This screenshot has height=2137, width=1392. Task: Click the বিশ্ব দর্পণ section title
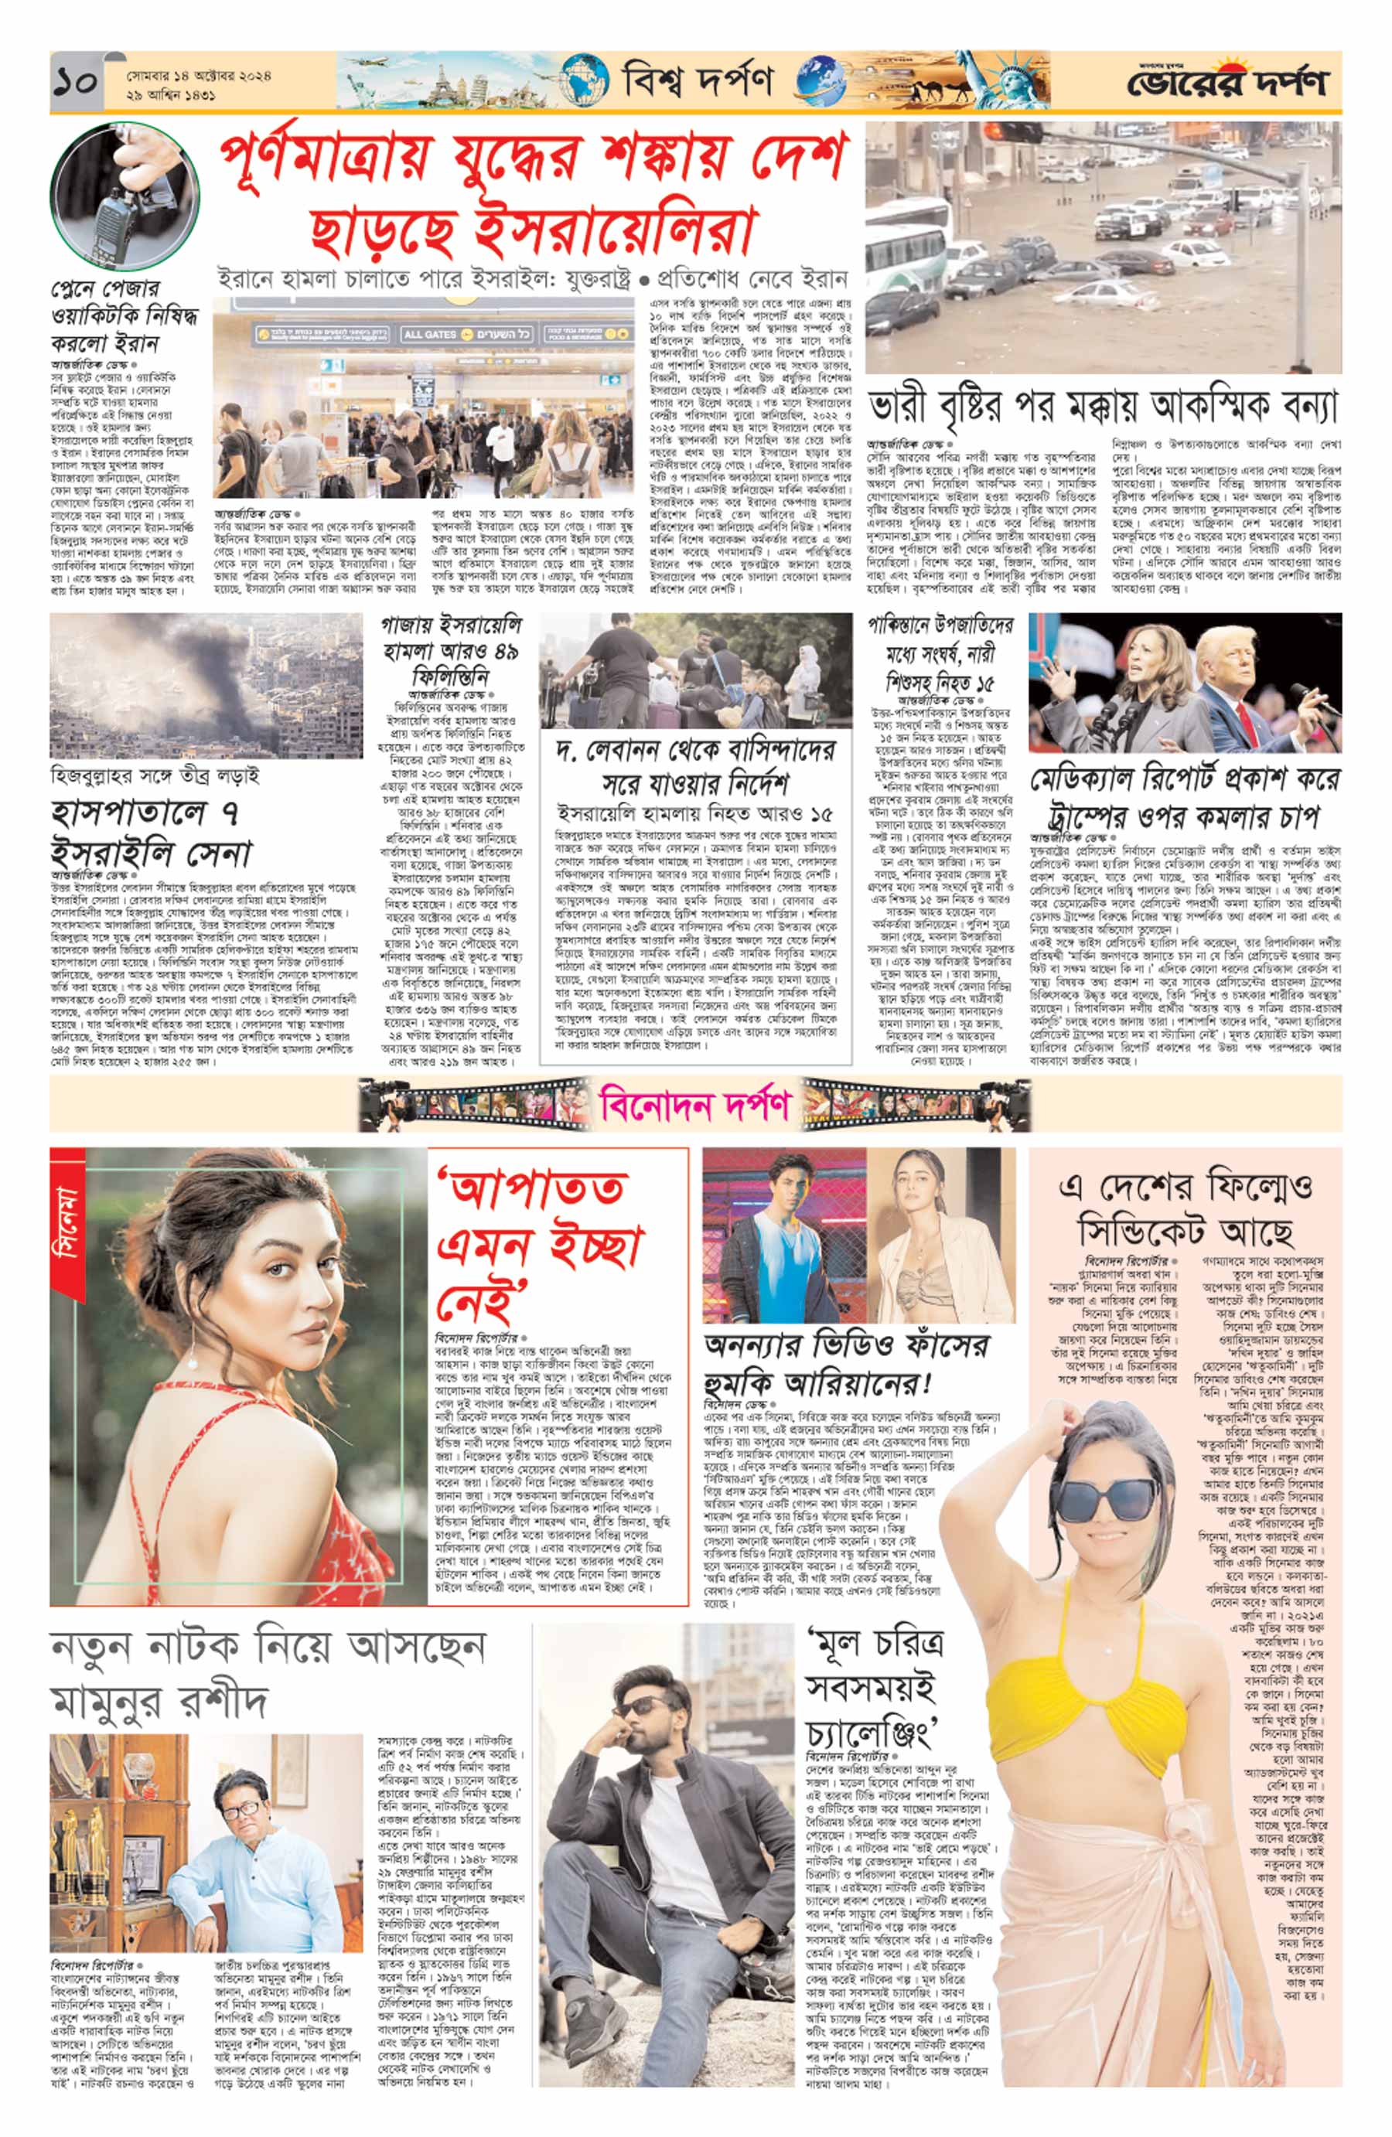click(697, 82)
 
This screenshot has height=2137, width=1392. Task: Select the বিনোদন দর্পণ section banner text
click(696, 1103)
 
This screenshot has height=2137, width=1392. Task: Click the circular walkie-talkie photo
click(123, 195)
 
